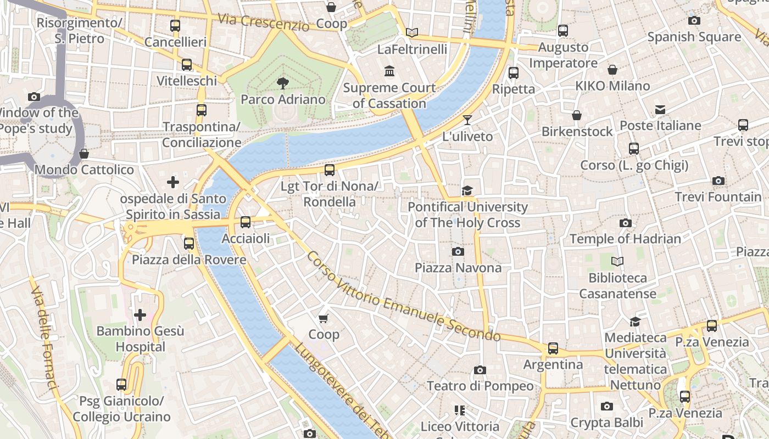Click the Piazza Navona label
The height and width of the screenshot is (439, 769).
(458, 268)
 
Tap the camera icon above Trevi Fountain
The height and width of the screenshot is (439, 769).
(718, 181)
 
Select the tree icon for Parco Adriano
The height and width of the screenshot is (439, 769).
(283, 83)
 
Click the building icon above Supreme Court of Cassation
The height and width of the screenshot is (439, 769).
(389, 71)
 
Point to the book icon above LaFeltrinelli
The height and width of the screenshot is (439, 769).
(412, 32)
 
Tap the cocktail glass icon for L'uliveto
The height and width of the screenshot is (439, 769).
(467, 120)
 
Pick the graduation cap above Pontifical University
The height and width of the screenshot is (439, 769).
(467, 190)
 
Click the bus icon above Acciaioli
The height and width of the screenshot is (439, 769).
(246, 222)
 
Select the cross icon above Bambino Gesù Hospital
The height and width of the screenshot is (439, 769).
(140, 315)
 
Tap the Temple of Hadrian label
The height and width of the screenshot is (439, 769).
(625, 239)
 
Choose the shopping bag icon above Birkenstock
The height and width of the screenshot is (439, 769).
(577, 115)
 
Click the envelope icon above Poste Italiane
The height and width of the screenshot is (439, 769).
(660, 110)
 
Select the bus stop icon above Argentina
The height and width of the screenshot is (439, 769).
(553, 348)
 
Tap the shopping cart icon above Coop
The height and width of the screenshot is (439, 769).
(324, 318)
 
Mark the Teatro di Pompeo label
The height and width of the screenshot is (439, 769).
(480, 386)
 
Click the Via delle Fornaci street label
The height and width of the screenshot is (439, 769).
(44, 340)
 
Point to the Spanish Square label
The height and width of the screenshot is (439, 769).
(694, 37)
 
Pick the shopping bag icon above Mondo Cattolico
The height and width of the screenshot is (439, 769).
(84, 154)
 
